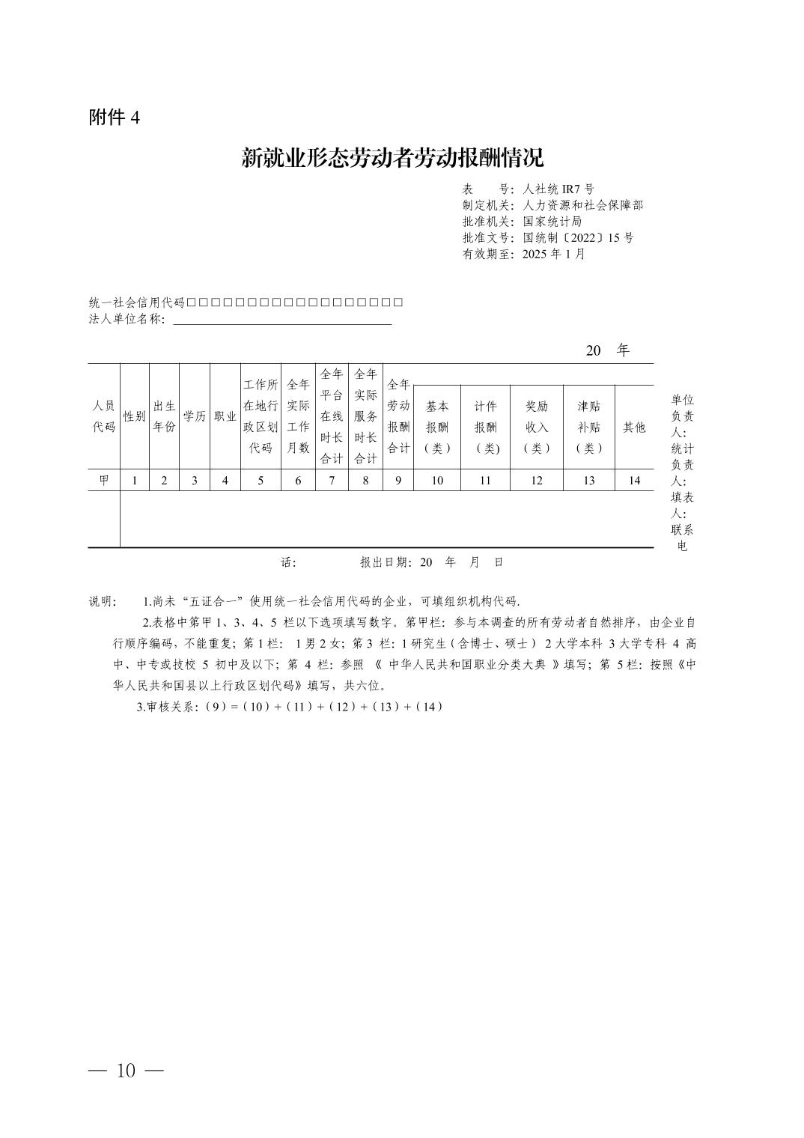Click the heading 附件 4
[115, 118]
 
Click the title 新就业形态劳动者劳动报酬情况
[392, 158]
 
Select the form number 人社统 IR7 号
[558, 189]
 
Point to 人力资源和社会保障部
[582, 205]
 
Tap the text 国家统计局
[552, 222]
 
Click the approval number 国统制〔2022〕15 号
[577, 237]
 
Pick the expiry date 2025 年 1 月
[553, 254]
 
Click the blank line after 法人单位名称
[282, 320]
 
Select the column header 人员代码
[104, 416]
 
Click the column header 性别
[135, 416]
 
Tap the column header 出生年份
[165, 416]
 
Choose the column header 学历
[195, 416]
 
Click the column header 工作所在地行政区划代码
[261, 416]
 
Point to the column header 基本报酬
[436, 427]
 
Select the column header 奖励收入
[536, 427]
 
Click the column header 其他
[634, 427]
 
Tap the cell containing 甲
[104, 481]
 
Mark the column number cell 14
[634, 481]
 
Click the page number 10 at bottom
[126, 1071]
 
